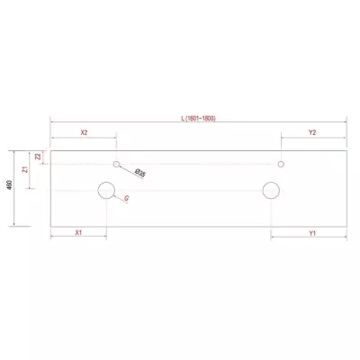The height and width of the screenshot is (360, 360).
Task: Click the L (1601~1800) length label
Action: [198, 118]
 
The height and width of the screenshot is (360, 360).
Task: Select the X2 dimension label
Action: [84, 132]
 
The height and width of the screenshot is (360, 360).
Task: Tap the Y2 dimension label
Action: [312, 132]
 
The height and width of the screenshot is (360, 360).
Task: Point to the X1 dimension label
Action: [78, 232]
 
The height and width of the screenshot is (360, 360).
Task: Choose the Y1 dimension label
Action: [312, 233]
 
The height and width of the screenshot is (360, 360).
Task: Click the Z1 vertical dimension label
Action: [25, 169]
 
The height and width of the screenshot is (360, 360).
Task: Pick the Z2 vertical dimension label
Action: [38, 157]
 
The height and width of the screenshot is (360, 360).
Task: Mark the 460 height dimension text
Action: [9, 184]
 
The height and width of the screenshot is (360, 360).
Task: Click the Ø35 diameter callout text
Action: [139, 173]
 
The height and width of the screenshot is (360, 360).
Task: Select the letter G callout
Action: [127, 198]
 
